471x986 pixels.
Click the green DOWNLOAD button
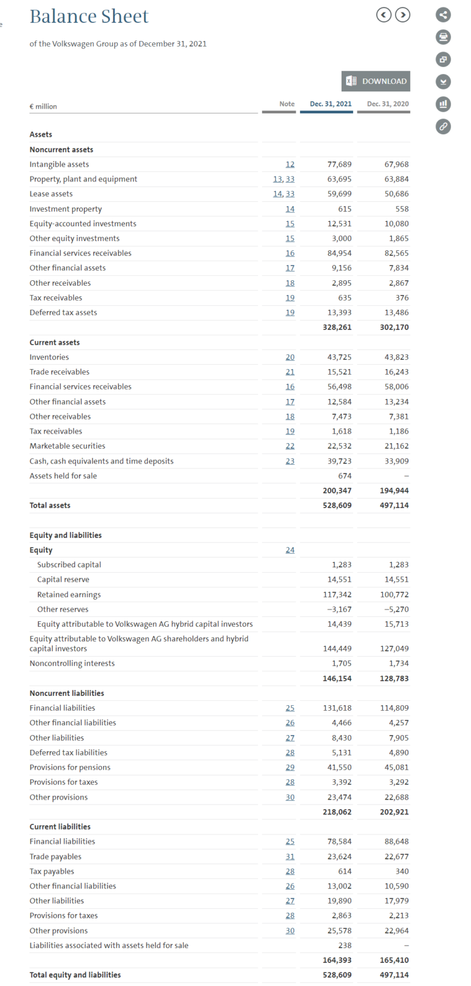(x=375, y=81)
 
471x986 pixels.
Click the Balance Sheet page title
(x=89, y=17)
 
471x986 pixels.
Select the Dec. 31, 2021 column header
(x=331, y=104)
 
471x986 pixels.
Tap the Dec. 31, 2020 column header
(x=388, y=104)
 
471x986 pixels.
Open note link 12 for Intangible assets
(x=290, y=164)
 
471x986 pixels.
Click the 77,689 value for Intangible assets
(x=339, y=164)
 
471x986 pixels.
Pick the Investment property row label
(x=66, y=209)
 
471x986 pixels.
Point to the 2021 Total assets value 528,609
(x=337, y=505)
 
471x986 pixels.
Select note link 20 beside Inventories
(x=290, y=357)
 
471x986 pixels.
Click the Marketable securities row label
(x=67, y=446)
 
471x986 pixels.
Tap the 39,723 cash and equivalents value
(x=339, y=461)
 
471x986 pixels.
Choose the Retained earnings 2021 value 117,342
(x=337, y=595)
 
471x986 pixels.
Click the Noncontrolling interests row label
(x=72, y=663)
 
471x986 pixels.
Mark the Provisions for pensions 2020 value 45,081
(x=394, y=767)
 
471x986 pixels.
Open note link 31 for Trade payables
(x=290, y=857)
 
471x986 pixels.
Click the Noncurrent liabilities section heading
(x=67, y=693)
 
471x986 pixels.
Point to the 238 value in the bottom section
(x=345, y=946)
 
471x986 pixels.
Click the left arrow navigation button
(x=384, y=15)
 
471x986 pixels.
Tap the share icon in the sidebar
(x=443, y=15)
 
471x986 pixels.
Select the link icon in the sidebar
(x=443, y=126)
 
